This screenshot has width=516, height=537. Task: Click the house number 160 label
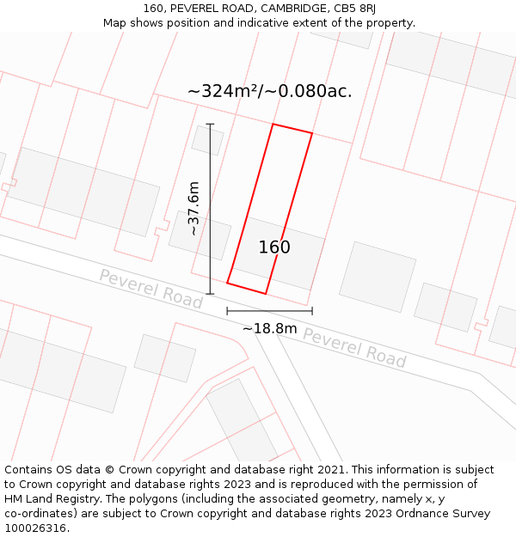click(274, 247)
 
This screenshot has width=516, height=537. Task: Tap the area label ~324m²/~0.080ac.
click(269, 91)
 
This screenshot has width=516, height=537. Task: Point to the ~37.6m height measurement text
click(193, 208)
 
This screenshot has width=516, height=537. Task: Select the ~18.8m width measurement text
click(269, 328)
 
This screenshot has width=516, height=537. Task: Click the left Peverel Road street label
click(150, 289)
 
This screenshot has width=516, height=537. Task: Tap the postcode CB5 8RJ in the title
click(355, 9)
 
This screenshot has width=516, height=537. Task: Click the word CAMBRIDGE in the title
click(286, 9)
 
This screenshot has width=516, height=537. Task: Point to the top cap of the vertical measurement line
click(210, 125)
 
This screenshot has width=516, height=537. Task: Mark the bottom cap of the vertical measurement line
click(210, 294)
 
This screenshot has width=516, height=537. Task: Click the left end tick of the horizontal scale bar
click(227, 311)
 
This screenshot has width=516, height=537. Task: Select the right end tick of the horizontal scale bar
click(312, 311)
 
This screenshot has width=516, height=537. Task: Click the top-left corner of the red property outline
click(273, 125)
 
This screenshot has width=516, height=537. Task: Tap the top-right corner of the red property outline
click(311, 134)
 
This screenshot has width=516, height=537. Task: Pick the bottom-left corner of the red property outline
click(227, 283)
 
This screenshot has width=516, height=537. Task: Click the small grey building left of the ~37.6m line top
click(207, 139)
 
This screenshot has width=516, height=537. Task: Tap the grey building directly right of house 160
click(378, 277)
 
